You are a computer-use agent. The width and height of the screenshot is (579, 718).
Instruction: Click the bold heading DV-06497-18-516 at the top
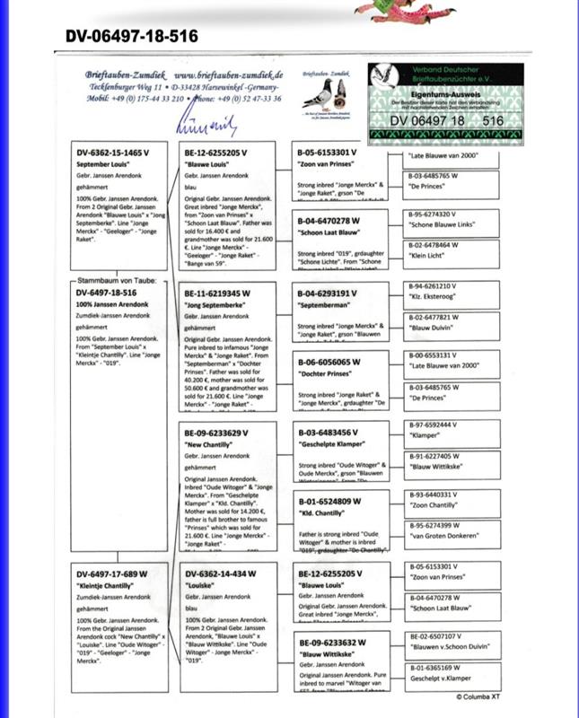coord(132,37)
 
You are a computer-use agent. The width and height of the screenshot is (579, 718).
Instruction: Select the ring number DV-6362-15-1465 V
coord(110,154)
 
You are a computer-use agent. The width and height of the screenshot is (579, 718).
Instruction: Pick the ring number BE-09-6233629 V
coord(215,433)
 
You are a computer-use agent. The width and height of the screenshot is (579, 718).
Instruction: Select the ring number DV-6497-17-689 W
coord(111,574)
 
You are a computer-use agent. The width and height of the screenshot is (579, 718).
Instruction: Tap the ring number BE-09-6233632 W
coord(329,642)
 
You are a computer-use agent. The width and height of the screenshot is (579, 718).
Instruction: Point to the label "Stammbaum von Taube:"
coord(113,281)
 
